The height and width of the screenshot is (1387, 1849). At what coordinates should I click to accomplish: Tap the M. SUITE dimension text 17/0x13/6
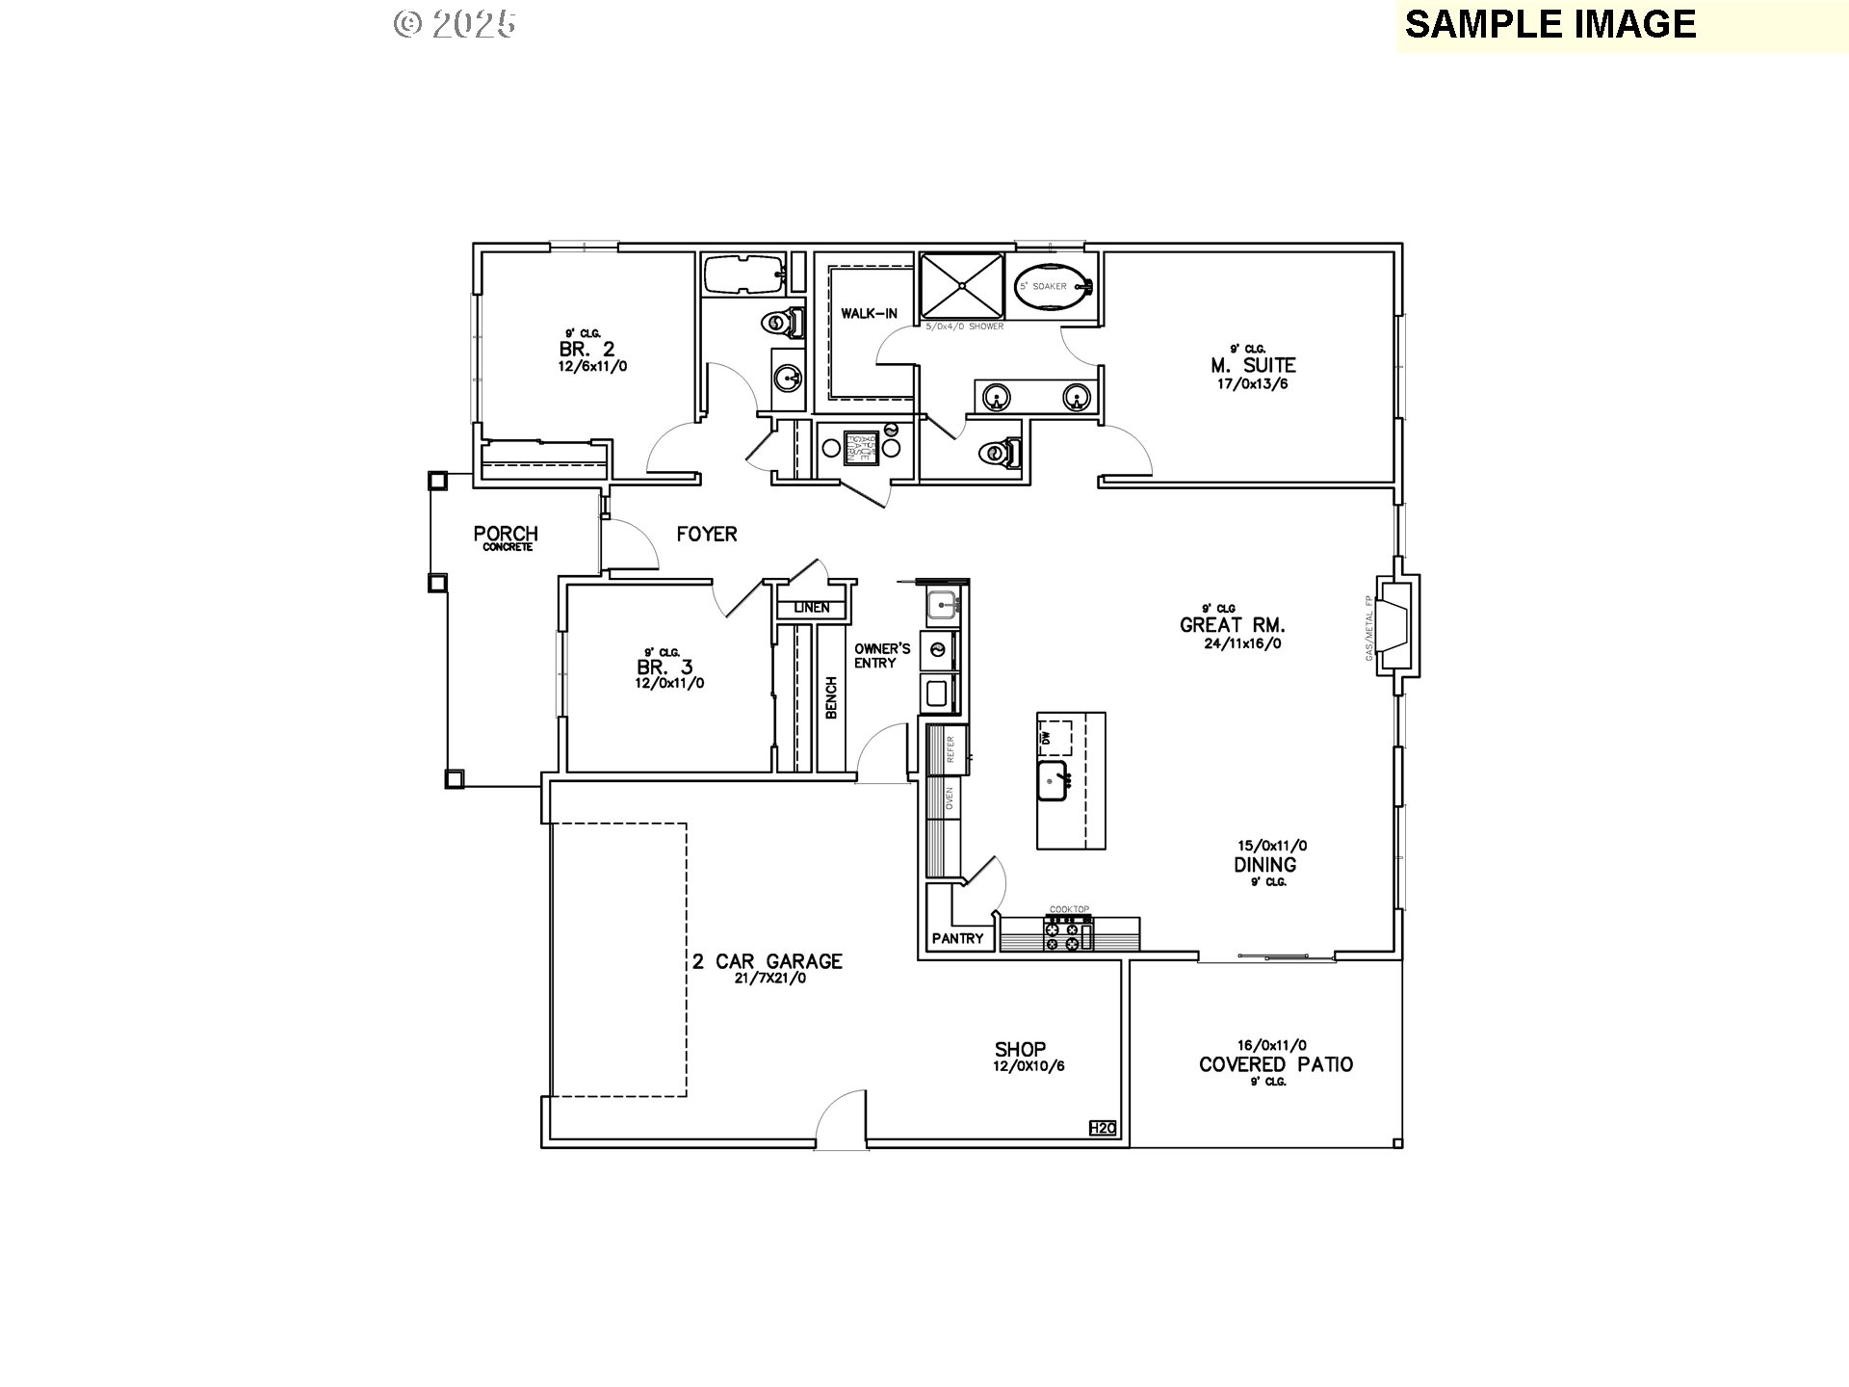click(1252, 383)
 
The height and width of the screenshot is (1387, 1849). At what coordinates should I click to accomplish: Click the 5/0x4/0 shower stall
click(962, 286)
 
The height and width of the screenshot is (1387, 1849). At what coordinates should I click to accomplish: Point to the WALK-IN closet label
click(869, 313)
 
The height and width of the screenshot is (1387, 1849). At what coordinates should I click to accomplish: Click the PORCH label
click(506, 534)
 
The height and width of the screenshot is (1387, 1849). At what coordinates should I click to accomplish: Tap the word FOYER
click(706, 534)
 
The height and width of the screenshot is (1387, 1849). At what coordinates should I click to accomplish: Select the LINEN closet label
click(811, 608)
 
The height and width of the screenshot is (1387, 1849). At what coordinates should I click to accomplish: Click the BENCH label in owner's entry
click(831, 696)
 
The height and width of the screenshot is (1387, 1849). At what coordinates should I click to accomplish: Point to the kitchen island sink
click(1055, 781)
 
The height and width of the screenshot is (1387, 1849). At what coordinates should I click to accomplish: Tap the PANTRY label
click(957, 938)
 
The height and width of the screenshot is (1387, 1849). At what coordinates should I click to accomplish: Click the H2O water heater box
click(1102, 1128)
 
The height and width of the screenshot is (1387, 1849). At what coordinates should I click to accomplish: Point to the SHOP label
click(1020, 1049)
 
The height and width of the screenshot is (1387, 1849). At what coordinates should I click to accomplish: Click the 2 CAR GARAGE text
click(767, 961)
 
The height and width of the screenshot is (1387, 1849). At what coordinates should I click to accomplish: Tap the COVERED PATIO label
click(1275, 1064)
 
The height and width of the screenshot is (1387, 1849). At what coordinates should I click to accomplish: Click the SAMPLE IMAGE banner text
click(1550, 24)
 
